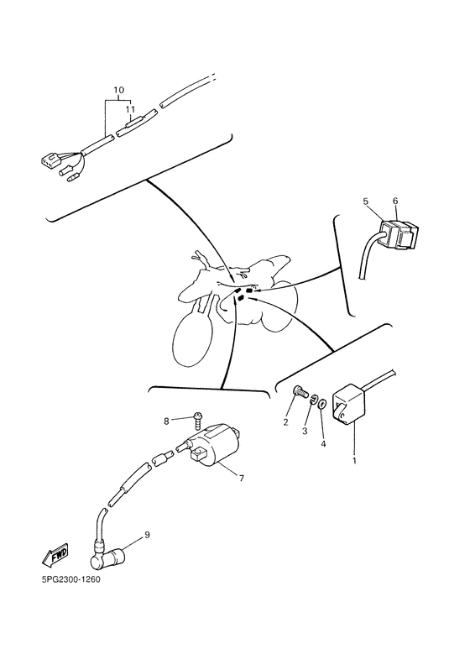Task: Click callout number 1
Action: (x=353, y=461)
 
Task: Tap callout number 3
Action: (x=305, y=429)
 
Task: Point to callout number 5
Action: (x=366, y=202)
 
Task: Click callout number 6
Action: (x=396, y=202)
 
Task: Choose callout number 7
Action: (x=241, y=479)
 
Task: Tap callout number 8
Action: (x=166, y=421)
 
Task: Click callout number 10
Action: (x=117, y=90)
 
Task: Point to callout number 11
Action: (x=129, y=109)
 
